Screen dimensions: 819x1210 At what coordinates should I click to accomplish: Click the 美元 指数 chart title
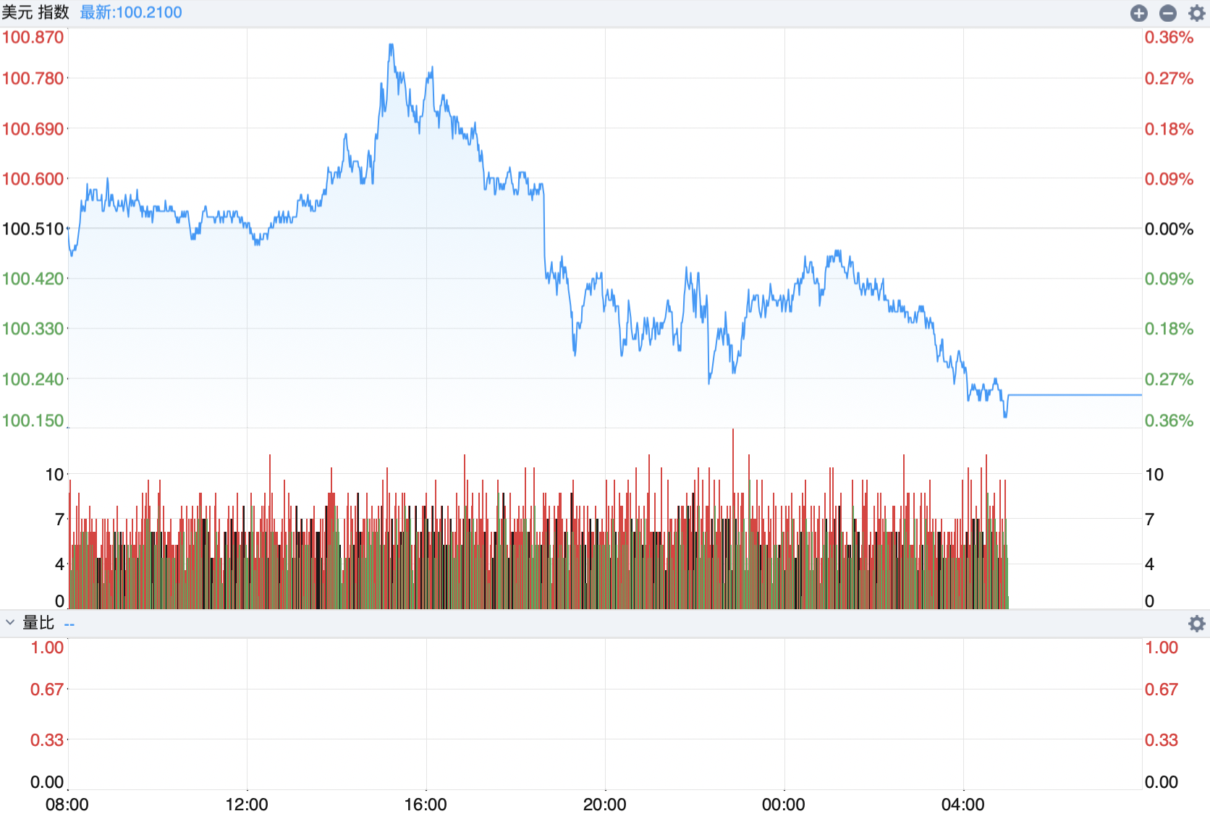pyautogui.click(x=35, y=12)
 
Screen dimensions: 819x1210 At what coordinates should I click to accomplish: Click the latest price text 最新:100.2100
pyautogui.click(x=131, y=12)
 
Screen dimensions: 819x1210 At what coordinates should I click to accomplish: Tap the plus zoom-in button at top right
pyautogui.click(x=1138, y=13)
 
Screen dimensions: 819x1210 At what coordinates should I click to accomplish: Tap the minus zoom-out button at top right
pyautogui.click(x=1167, y=13)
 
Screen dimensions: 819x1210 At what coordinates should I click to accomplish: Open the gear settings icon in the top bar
pyautogui.click(x=1196, y=13)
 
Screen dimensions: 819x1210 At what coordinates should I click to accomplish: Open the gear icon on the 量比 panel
pyautogui.click(x=1196, y=624)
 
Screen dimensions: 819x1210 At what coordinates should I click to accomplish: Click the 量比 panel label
pyautogui.click(x=38, y=623)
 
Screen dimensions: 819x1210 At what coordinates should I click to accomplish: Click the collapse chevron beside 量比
pyautogui.click(x=10, y=622)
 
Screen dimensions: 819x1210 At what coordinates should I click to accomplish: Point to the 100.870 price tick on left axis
pyautogui.click(x=33, y=37)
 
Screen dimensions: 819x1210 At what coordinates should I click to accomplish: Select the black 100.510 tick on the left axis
pyautogui.click(x=33, y=229)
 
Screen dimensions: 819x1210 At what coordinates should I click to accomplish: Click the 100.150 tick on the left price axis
pyautogui.click(x=33, y=420)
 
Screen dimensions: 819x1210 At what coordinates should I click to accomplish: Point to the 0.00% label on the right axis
pyautogui.click(x=1169, y=229)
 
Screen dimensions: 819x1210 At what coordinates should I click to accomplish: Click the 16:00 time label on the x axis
pyautogui.click(x=426, y=805)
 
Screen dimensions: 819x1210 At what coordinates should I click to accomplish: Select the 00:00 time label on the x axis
pyautogui.click(x=784, y=805)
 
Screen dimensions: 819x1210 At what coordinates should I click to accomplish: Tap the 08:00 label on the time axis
pyautogui.click(x=67, y=805)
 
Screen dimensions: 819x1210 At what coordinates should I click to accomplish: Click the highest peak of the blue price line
pyautogui.click(x=392, y=45)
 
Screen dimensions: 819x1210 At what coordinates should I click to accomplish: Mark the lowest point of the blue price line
pyautogui.click(x=1005, y=417)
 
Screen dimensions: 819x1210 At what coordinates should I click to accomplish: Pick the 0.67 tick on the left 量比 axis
pyautogui.click(x=47, y=689)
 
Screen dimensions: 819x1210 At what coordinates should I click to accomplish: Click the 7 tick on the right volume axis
pyautogui.click(x=1149, y=519)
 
